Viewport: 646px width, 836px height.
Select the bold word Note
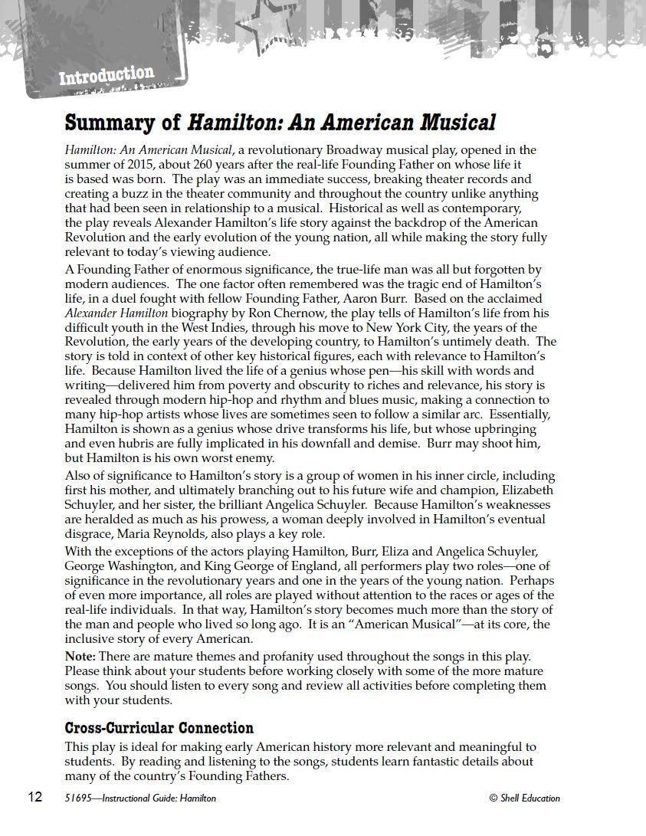coord(79,657)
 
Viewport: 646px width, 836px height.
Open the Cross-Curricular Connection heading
coord(159,728)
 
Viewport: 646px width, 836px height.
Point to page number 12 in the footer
coord(35,797)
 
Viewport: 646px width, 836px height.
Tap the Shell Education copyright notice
coord(524,798)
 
